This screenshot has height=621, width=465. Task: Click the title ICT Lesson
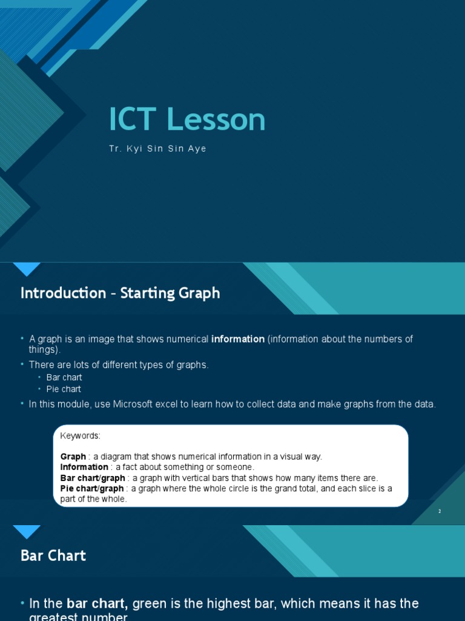click(x=187, y=119)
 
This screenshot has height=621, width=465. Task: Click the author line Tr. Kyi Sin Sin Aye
click(x=157, y=149)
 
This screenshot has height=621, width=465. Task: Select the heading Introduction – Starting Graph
click(x=120, y=294)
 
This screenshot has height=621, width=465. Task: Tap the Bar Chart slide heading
click(x=53, y=556)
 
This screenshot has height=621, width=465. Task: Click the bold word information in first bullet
click(x=238, y=339)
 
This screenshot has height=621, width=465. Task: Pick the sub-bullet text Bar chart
click(x=64, y=377)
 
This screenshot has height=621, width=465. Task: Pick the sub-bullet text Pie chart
click(x=64, y=389)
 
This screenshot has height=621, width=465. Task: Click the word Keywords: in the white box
click(x=81, y=436)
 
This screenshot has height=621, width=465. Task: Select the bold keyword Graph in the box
click(x=73, y=457)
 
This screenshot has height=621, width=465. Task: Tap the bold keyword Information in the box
click(x=84, y=467)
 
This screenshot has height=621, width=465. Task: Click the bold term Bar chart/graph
click(x=93, y=478)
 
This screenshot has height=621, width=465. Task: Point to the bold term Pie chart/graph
click(x=92, y=489)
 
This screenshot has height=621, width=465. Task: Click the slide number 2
click(x=440, y=511)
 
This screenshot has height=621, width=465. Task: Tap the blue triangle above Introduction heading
click(x=27, y=269)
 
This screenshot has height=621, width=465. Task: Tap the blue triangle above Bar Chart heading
click(x=27, y=532)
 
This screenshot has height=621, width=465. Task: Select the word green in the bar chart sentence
click(x=150, y=603)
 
